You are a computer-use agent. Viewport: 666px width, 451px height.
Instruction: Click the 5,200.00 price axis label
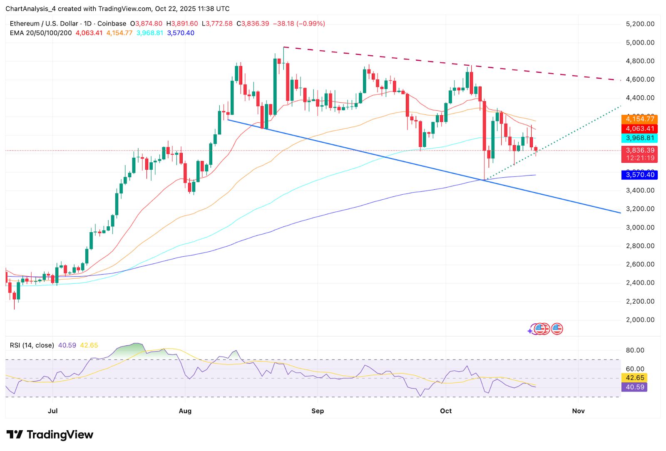coord(640,24)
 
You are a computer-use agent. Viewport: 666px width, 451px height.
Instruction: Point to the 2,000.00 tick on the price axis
coord(640,320)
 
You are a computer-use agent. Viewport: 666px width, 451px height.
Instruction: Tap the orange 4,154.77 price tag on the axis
coord(640,119)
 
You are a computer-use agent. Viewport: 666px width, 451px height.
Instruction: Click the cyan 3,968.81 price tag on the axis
coord(640,138)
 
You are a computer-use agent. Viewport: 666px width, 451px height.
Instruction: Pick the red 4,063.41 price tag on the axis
coord(640,129)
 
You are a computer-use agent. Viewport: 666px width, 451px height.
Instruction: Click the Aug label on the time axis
coord(185,411)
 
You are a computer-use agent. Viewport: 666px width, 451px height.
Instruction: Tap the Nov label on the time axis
coord(578,411)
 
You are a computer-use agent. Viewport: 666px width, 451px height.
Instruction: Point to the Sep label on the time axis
coord(318,411)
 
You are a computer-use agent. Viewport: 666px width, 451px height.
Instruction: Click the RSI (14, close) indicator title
coord(32,345)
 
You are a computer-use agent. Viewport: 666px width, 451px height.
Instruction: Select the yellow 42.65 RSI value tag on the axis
coord(635,378)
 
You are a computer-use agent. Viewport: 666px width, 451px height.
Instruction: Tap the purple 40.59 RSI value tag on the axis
coord(635,387)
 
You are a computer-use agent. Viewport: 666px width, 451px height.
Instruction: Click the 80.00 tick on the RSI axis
coord(635,350)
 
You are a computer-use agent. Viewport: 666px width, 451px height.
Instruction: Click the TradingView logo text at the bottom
coord(60,435)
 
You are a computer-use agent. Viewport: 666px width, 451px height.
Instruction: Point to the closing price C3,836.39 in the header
coord(253,24)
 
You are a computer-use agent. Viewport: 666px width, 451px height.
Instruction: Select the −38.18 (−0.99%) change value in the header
coord(299,24)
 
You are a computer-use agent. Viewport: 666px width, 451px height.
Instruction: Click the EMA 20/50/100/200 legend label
coord(41,33)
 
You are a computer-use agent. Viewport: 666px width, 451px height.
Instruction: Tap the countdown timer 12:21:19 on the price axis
coord(640,158)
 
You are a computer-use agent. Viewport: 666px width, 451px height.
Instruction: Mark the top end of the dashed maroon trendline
coord(283,47)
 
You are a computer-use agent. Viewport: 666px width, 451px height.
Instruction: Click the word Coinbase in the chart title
coord(112,24)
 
